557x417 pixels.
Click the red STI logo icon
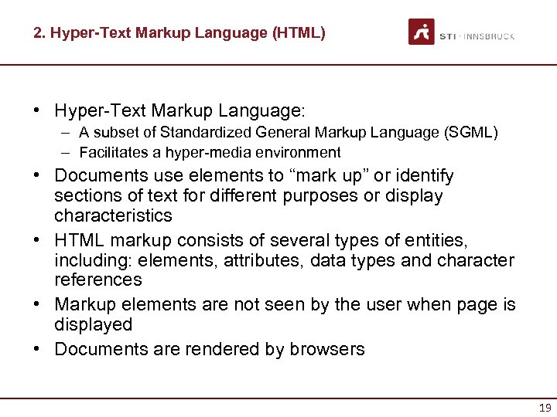(x=422, y=32)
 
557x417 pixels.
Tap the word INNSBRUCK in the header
(x=490, y=36)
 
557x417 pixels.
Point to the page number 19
(x=543, y=408)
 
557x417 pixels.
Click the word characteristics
(x=113, y=215)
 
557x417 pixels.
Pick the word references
(x=98, y=280)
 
